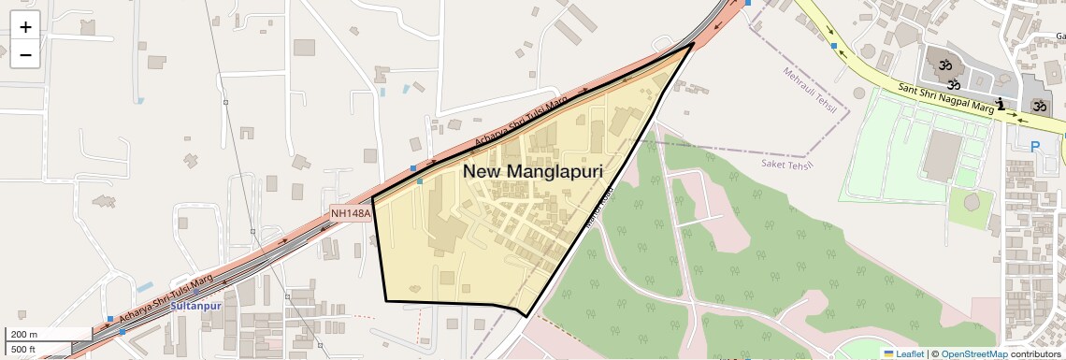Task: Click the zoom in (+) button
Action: click(25, 28)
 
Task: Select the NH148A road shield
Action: click(351, 213)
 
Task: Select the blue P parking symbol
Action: click(1035, 147)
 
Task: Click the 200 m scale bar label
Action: click(24, 334)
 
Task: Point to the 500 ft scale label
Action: click(23, 350)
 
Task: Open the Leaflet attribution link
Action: click(904, 353)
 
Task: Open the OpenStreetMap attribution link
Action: click(973, 353)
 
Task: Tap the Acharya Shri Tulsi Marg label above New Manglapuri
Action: click(532, 120)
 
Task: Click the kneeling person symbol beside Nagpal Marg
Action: click(1001, 103)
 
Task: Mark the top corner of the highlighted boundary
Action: click(693, 43)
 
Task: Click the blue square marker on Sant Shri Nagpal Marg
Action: click(833, 45)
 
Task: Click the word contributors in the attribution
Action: click(1036, 353)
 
